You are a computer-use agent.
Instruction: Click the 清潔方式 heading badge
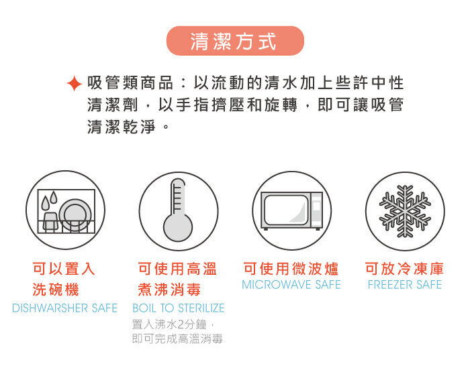tap(235, 41)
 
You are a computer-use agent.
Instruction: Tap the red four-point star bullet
tap(74, 84)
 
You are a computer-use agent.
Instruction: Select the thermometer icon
tap(178, 210)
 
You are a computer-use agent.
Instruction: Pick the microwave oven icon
tap(291, 210)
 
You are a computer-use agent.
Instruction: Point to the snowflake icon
tap(405, 211)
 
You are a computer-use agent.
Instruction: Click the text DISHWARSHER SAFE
tap(64, 308)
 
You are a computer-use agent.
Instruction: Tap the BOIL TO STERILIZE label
tap(179, 308)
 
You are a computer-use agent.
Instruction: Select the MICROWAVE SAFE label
tap(291, 285)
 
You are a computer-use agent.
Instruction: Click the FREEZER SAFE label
tap(405, 285)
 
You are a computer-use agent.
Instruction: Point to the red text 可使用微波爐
tap(291, 269)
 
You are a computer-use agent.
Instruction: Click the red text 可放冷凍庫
tap(404, 269)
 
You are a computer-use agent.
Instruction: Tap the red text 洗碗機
tap(56, 290)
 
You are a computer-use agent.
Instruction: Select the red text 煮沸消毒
tap(169, 290)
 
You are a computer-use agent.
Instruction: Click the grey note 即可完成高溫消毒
tap(177, 339)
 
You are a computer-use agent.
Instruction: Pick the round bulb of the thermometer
tap(178, 227)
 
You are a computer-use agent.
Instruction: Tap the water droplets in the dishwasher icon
tap(49, 200)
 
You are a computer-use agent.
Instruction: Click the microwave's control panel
tap(316, 210)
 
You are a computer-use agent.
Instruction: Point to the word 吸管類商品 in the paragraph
tap(130, 83)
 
